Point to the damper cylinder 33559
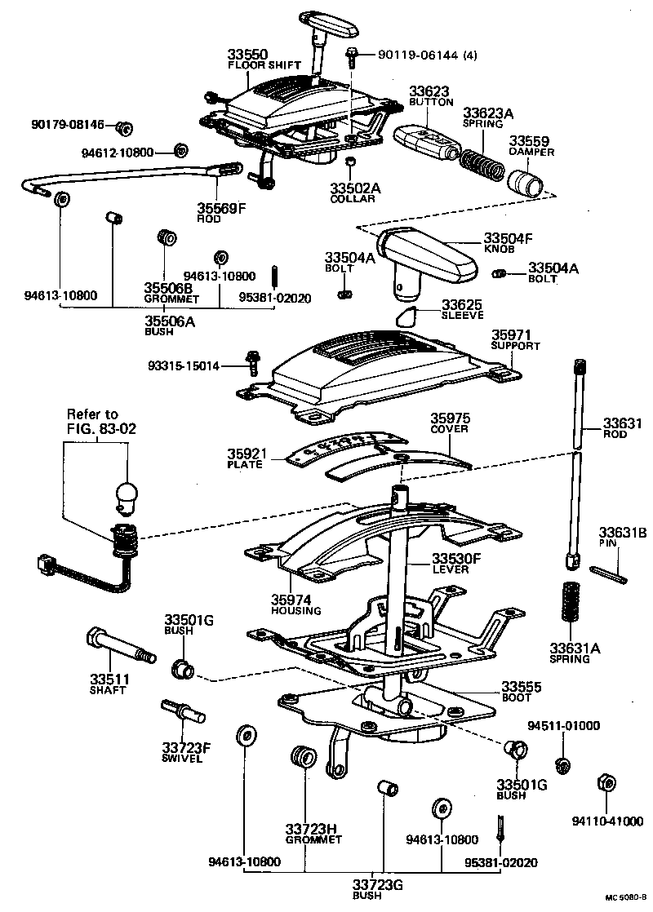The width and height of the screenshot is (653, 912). (524, 181)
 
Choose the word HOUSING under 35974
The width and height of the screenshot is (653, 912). (296, 610)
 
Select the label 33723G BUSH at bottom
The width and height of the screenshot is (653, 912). (378, 889)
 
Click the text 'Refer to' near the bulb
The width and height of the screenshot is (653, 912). (92, 414)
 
